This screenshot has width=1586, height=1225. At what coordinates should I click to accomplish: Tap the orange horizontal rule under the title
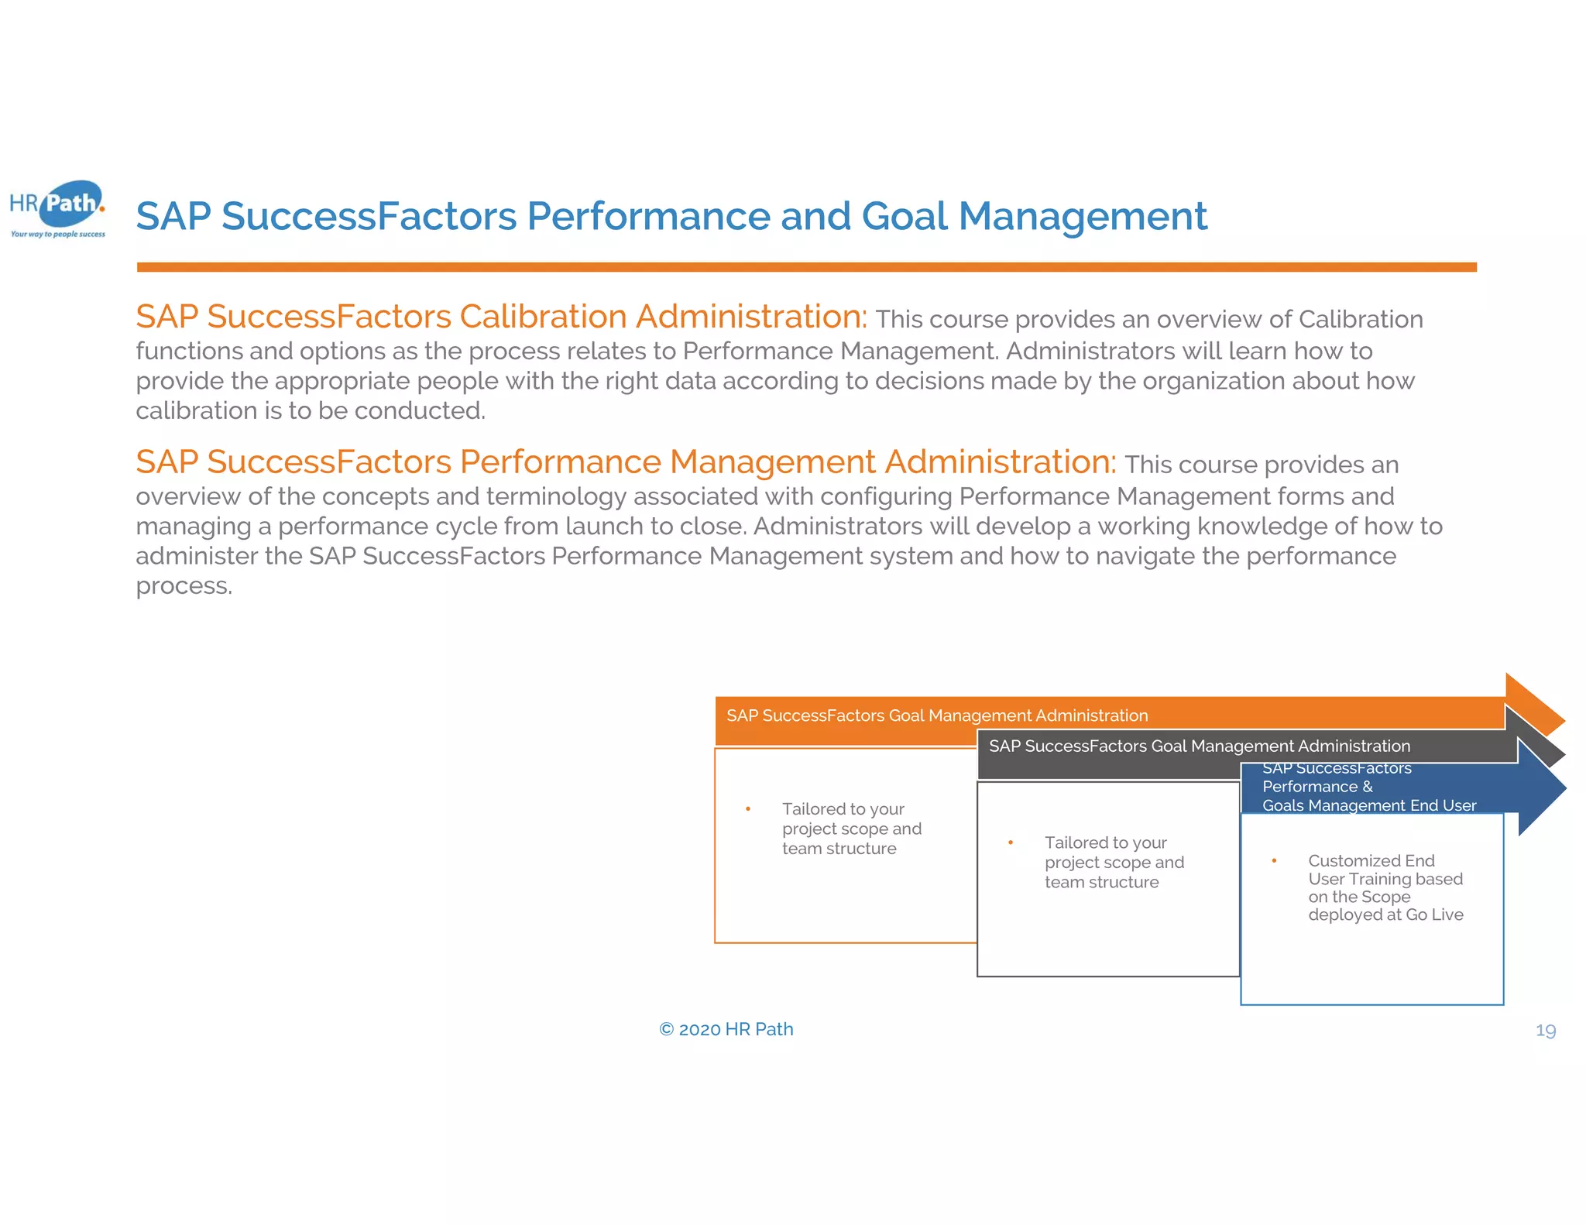805,267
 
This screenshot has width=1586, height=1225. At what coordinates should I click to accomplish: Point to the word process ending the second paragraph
184,585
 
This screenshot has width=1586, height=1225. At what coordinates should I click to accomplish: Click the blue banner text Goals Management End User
1368,805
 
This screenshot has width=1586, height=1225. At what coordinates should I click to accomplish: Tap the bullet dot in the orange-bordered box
748,809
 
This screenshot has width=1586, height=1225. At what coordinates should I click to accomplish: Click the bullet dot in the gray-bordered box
1011,842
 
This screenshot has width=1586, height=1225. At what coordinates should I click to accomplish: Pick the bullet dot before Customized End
1274,860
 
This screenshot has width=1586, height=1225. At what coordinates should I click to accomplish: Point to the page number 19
1545,1031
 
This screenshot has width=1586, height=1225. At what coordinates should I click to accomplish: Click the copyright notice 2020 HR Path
726,1029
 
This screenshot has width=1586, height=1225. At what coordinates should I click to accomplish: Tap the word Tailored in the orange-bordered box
814,809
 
